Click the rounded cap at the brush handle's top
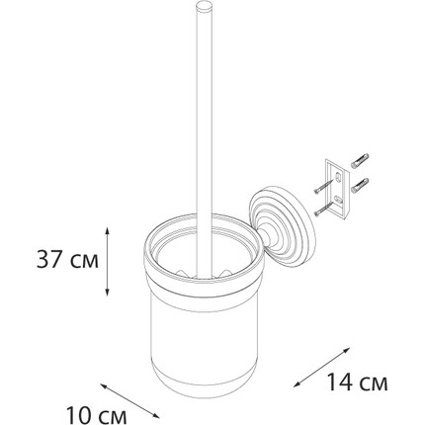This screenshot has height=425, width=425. point(204,7)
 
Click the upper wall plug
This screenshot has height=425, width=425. point(360,161)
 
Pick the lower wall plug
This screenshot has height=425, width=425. point(360,185)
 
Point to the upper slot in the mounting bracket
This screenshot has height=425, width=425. point(338,178)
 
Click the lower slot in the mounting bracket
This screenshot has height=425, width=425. point(339,199)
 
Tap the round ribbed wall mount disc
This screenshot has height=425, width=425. point(283,225)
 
